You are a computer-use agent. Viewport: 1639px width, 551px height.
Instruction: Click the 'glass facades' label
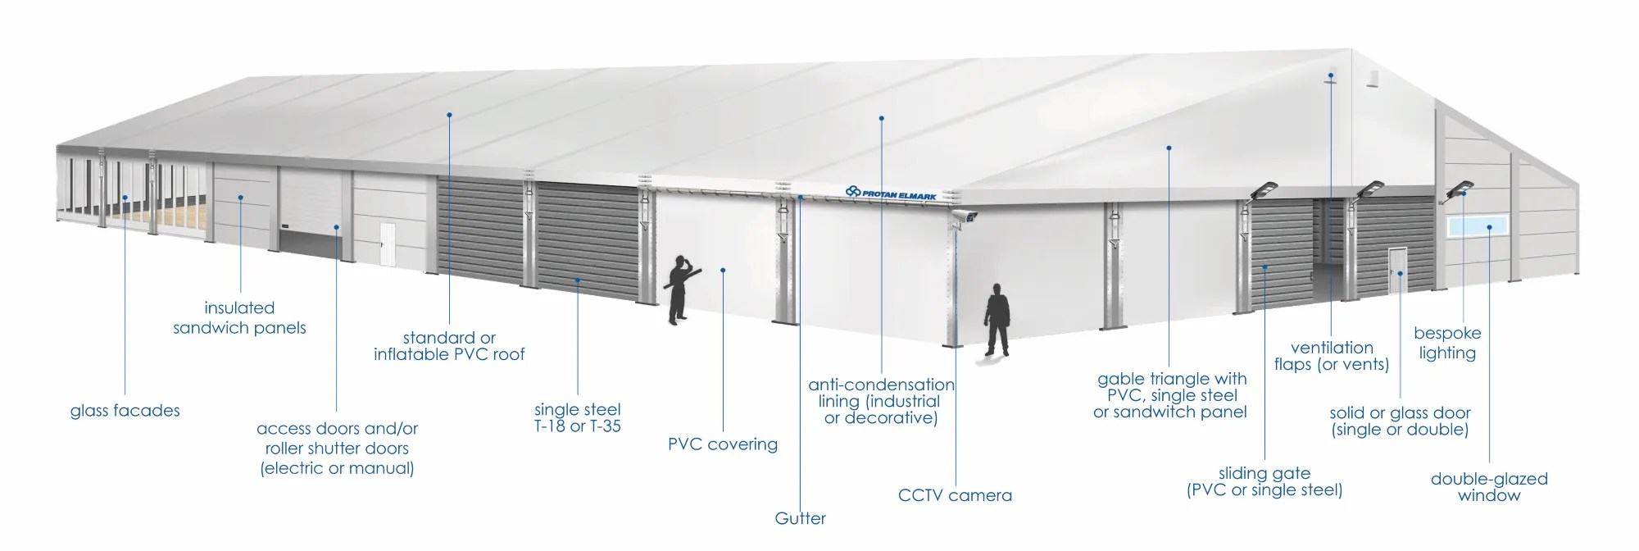125,411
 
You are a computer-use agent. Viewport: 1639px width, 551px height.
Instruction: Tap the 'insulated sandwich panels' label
239,318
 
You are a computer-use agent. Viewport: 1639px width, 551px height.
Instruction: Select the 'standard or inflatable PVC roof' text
449,346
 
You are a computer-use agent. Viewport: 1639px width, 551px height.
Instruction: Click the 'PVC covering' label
722,444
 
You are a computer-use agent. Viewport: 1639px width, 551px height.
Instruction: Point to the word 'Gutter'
800,518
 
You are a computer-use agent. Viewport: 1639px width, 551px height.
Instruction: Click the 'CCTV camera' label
955,495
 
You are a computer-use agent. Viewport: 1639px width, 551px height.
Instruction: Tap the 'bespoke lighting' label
1446,343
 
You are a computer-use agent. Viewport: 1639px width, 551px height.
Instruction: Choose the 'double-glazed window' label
1488,487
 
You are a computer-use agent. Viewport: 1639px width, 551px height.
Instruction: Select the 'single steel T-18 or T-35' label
577,417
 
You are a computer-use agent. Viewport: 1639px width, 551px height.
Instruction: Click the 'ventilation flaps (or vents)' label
1331,356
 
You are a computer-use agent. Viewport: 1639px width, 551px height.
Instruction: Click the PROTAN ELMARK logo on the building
891,193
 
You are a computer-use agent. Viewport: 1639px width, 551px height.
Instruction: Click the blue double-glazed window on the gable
1480,227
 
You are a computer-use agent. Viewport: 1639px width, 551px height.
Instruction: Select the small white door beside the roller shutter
387,244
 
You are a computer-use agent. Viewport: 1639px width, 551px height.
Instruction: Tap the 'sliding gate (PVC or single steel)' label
1264,482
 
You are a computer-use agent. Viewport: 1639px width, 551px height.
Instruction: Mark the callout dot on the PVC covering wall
723,270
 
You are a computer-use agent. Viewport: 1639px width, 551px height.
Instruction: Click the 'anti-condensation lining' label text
881,401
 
